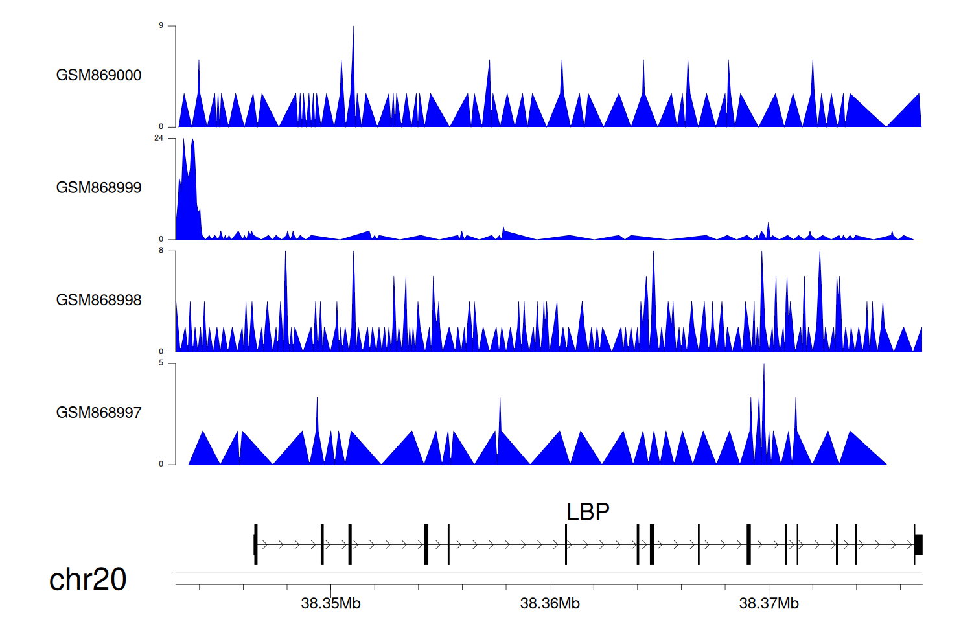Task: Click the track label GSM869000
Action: point(98,75)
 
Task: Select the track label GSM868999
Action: point(98,188)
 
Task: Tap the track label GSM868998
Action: point(98,300)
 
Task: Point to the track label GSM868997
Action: point(98,413)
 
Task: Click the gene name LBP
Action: point(588,512)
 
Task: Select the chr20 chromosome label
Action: point(87,579)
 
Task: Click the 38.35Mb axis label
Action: point(330,604)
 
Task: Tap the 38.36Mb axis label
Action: point(550,604)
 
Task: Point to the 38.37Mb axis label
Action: point(769,604)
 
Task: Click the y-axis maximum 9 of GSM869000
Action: point(161,26)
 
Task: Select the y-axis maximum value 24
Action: point(159,138)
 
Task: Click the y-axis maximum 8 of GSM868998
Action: point(161,251)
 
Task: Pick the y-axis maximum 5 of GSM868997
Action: point(161,363)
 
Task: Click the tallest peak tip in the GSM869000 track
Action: point(353,27)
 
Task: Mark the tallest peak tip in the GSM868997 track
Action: point(764,365)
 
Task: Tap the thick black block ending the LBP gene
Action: point(918,544)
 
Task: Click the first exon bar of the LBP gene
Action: point(256,544)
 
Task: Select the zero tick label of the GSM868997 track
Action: point(161,464)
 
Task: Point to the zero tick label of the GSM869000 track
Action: point(161,127)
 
